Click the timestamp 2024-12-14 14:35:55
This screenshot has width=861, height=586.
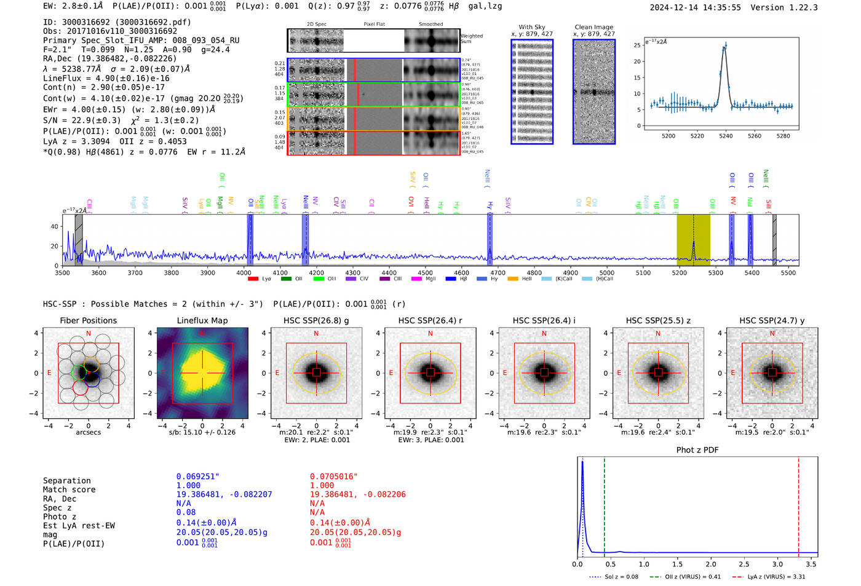pos(695,7)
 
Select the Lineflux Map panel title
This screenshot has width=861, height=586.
pos(202,320)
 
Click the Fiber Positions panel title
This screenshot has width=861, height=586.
pos(88,320)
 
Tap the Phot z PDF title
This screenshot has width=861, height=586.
pos(697,449)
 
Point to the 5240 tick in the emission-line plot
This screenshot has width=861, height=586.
pos(726,136)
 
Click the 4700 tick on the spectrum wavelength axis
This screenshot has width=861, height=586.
pos(498,272)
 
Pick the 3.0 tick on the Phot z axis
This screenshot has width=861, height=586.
pos(778,564)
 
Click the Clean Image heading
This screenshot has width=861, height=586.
pos(593,27)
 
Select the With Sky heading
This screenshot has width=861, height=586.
pos(531,27)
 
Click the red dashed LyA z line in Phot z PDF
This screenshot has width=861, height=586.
pos(798,504)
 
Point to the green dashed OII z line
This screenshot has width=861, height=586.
pos(605,504)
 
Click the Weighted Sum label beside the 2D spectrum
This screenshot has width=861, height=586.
pos(471,39)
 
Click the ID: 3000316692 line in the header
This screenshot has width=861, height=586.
pos(117,22)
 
